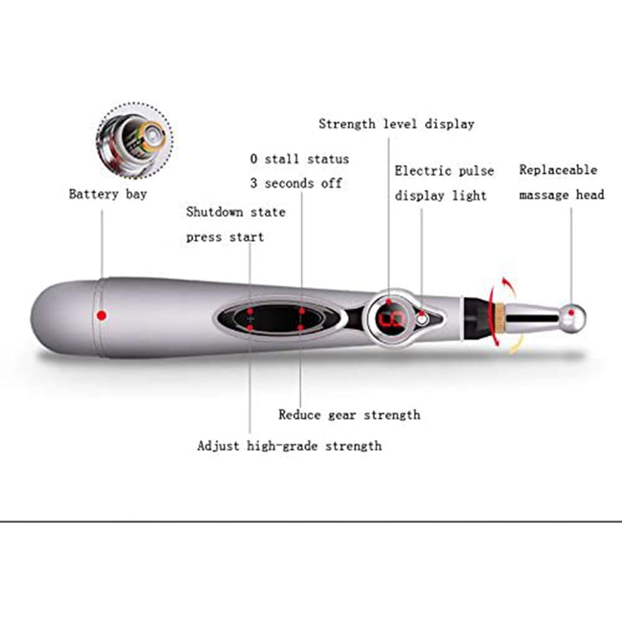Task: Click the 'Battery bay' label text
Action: click(108, 194)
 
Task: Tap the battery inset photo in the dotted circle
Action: click(135, 141)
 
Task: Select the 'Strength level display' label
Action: click(396, 124)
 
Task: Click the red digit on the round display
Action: click(390, 320)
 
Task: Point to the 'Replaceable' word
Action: click(558, 170)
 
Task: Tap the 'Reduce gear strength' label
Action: click(349, 415)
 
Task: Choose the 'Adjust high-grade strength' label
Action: click(289, 446)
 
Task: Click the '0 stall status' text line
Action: click(299, 159)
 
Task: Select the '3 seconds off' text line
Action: click(296, 183)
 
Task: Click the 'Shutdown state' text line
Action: click(236, 212)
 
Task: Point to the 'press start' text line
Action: click(225, 237)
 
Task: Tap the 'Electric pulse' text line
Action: click(444, 171)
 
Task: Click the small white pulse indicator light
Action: click(423, 319)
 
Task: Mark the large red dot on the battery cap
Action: click(102, 316)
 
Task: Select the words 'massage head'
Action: click(561, 195)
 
